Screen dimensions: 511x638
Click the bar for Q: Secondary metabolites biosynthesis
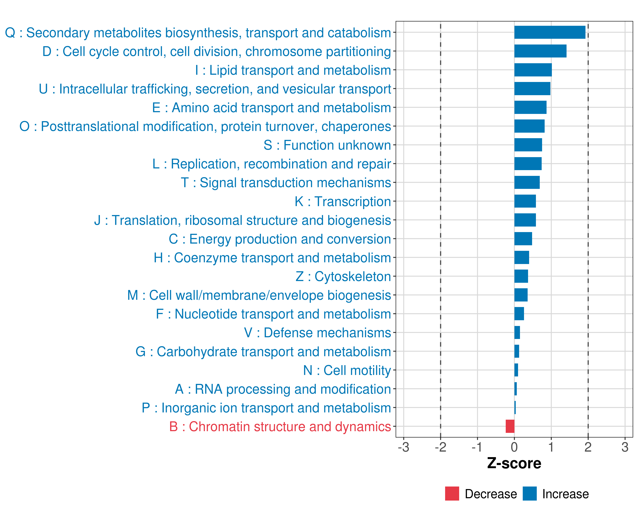(x=550, y=32)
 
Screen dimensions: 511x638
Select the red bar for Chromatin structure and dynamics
(x=510, y=426)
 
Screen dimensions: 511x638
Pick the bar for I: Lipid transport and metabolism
(x=533, y=70)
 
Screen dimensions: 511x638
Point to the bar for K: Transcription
(x=525, y=201)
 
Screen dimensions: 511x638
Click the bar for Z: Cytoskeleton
(x=521, y=276)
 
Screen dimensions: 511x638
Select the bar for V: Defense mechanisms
(x=517, y=332)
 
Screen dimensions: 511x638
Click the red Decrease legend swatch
(x=452, y=494)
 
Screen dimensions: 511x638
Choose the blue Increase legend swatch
(x=529, y=494)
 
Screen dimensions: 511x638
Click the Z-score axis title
(x=514, y=463)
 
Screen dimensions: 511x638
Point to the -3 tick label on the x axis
(x=403, y=447)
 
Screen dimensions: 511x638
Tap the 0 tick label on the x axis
(x=514, y=447)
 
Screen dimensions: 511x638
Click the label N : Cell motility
(x=347, y=370)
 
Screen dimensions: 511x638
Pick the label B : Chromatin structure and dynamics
(x=280, y=426)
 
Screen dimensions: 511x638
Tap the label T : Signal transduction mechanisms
(x=286, y=182)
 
